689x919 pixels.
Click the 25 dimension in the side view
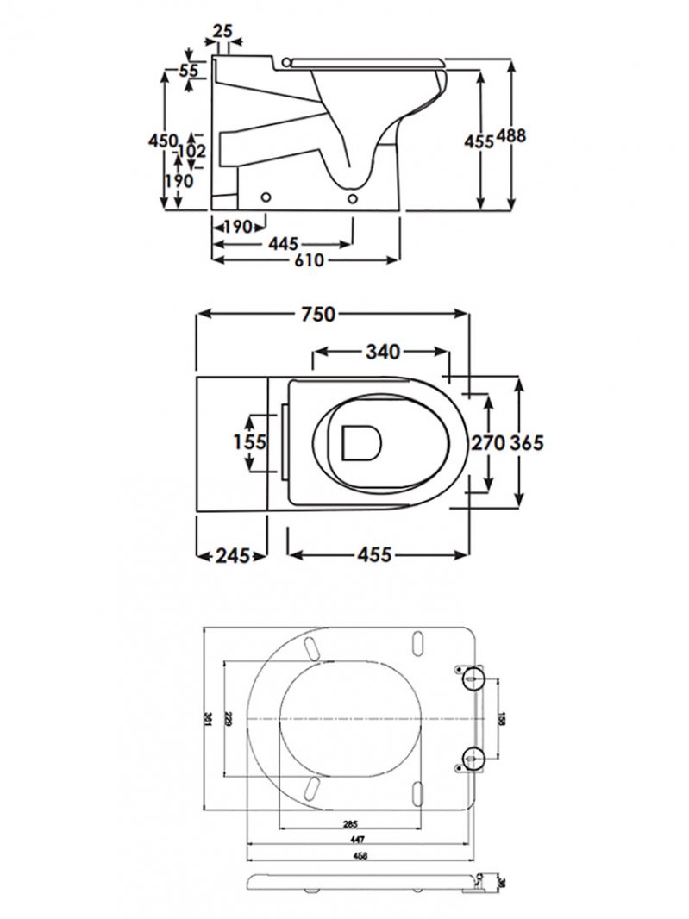click(222, 31)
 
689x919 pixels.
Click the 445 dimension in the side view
click(284, 244)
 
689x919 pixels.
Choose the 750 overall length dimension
click(317, 316)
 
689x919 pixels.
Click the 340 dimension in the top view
click(382, 352)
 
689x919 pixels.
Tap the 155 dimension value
click(249, 442)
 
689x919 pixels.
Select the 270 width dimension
click(487, 442)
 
